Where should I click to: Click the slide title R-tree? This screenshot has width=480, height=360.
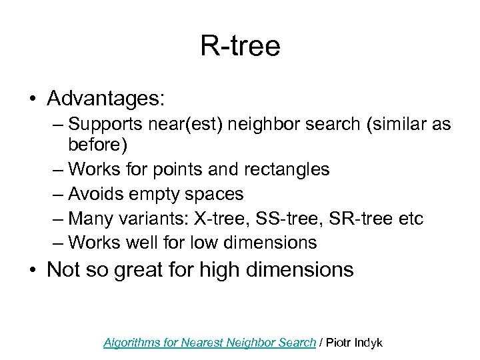click(x=240, y=46)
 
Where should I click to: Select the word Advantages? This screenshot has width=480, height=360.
click(x=105, y=98)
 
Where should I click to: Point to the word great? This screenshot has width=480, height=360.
click(x=141, y=270)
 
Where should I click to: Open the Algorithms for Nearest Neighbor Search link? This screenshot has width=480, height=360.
click(x=209, y=343)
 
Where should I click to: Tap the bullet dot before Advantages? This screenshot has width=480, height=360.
click(x=32, y=99)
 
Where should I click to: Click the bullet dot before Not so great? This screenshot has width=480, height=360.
click(x=32, y=271)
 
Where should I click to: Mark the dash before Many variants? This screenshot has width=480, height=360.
click(x=57, y=219)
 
